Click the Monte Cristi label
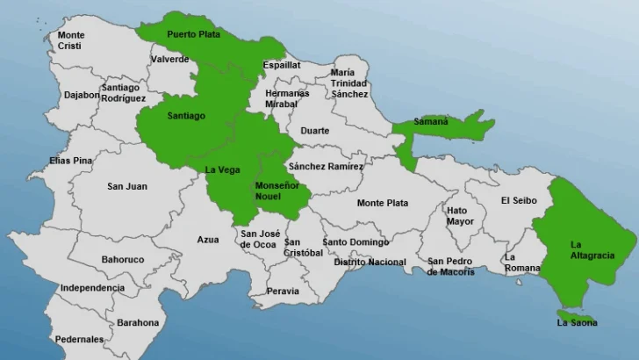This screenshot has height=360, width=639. [71, 40]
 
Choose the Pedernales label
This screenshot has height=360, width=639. [79, 339]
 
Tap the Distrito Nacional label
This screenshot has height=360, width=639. [370, 262]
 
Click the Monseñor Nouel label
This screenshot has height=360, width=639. [276, 191]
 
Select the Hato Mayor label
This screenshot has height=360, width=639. [461, 216]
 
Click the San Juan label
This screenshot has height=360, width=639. [127, 186]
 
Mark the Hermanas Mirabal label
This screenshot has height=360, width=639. [288, 97]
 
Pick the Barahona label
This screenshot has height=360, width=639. [138, 322]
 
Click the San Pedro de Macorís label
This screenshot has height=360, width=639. [451, 266]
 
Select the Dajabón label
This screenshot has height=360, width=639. [82, 95]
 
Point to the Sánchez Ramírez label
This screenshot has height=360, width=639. [326, 166]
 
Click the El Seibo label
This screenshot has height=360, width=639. [517, 200]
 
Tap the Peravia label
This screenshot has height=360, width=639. [283, 291]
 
